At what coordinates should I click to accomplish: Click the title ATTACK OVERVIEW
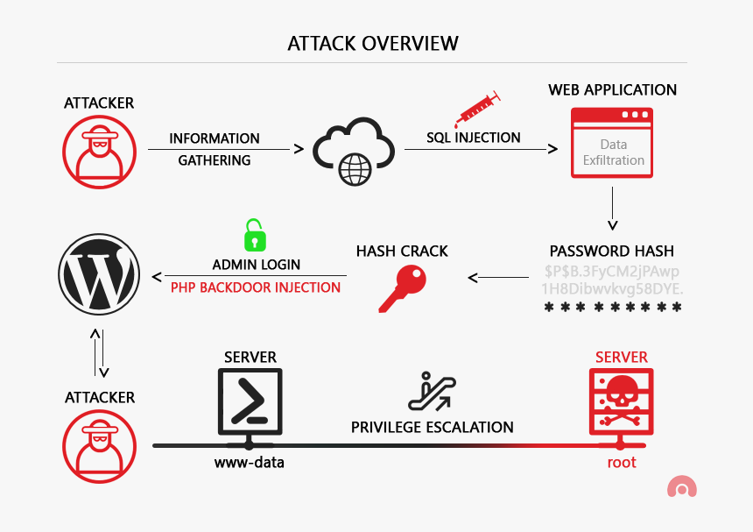372,43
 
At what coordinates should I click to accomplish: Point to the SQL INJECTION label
474,138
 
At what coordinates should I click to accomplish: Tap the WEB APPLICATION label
612,89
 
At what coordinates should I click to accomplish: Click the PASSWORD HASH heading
613,251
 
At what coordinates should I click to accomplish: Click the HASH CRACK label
402,251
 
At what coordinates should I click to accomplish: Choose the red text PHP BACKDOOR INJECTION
256,287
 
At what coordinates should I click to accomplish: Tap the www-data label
250,462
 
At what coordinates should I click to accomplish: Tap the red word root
622,462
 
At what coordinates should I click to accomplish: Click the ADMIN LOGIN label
256,264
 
